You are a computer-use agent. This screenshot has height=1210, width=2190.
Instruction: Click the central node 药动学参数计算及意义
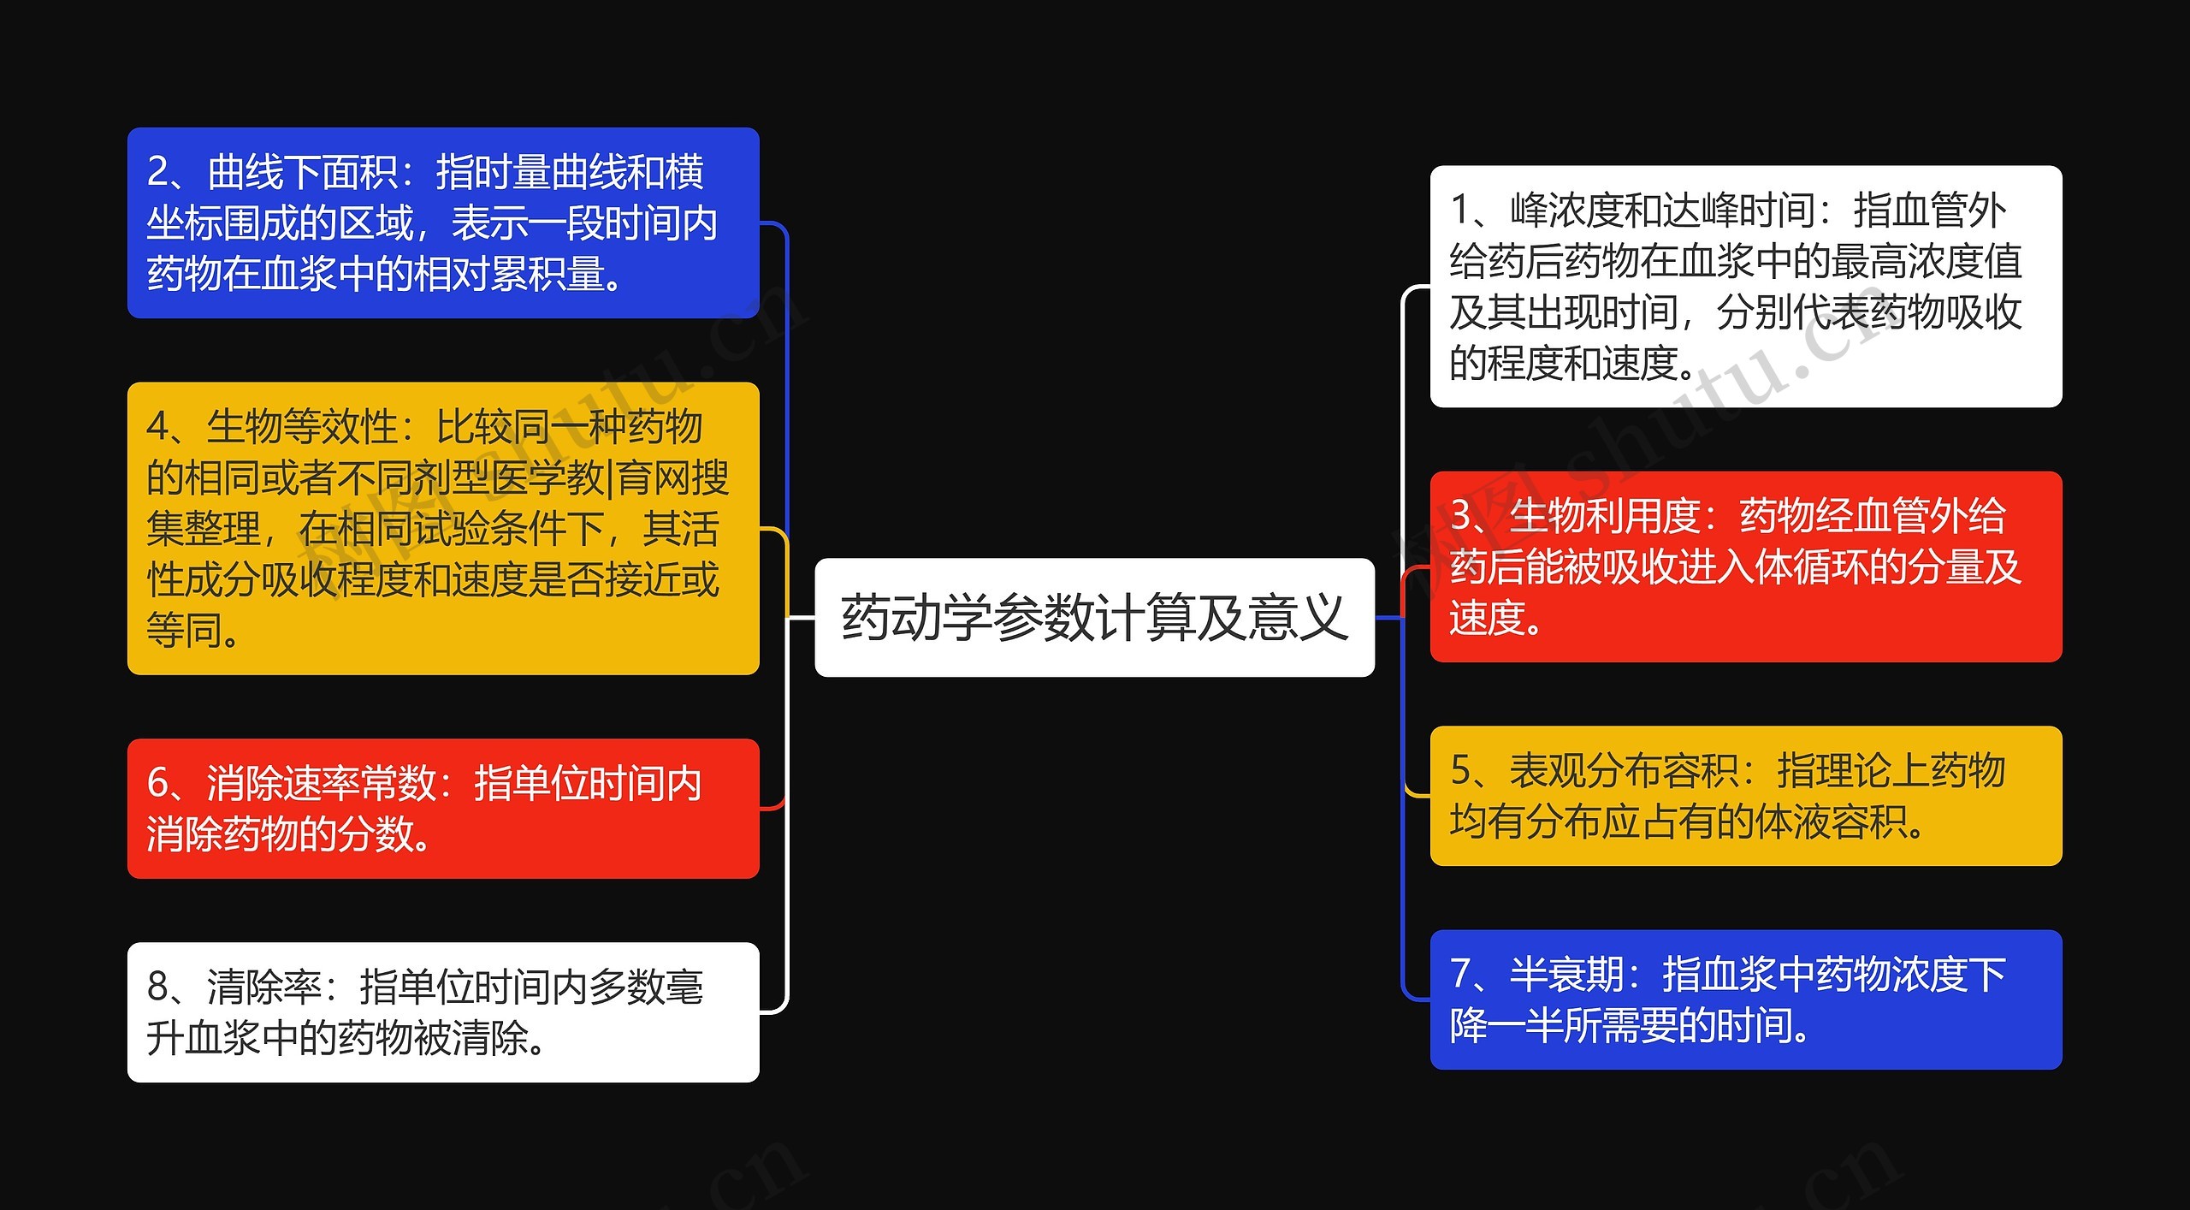(1094, 618)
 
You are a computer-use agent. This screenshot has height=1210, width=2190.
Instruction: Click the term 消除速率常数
(321, 783)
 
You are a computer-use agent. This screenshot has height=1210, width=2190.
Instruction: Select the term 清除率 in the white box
(264, 987)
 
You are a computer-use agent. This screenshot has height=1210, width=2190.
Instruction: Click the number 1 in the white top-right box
(1461, 211)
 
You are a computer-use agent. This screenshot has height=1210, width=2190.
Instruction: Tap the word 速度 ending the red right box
(1489, 618)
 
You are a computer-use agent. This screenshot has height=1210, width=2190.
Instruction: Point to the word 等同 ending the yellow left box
(185, 631)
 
